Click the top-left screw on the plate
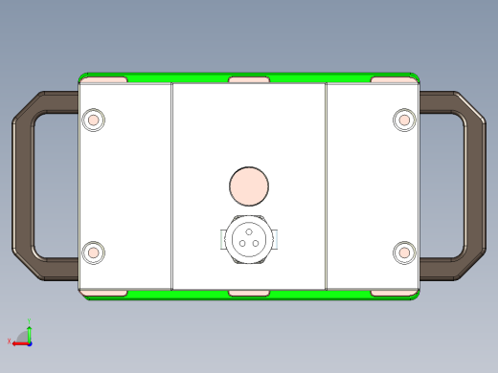point(94,120)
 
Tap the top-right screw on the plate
point(404,120)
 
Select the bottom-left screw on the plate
point(94,252)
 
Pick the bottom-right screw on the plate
point(404,252)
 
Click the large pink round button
point(249,186)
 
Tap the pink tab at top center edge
point(249,79)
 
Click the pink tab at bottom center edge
point(249,291)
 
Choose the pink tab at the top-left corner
point(105,79)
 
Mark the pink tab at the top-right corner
point(393,79)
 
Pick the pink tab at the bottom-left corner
point(105,291)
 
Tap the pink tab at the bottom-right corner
point(393,291)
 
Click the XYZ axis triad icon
point(23,337)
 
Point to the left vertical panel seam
point(172,186)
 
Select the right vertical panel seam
point(327,186)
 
